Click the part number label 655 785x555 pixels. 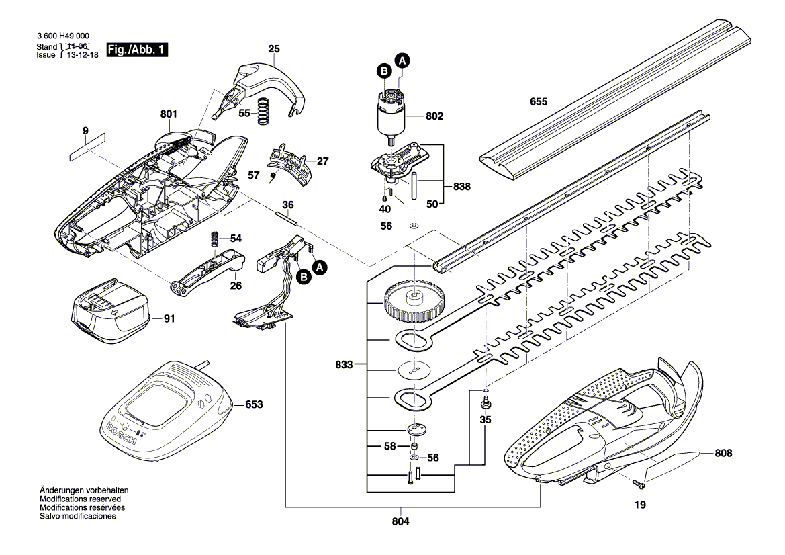(x=538, y=102)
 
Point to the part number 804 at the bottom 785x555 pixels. (x=400, y=521)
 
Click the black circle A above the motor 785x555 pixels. (x=402, y=60)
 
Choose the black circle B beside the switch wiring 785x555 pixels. (x=304, y=276)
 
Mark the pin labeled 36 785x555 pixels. (x=287, y=217)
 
